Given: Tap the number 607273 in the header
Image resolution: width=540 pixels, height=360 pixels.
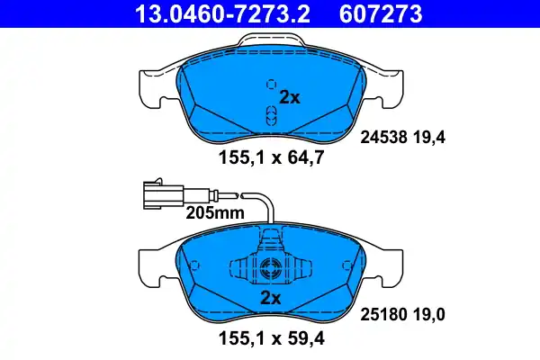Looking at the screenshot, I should (379, 14).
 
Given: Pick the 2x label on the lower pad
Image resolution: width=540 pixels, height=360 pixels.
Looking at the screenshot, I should (270, 298).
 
